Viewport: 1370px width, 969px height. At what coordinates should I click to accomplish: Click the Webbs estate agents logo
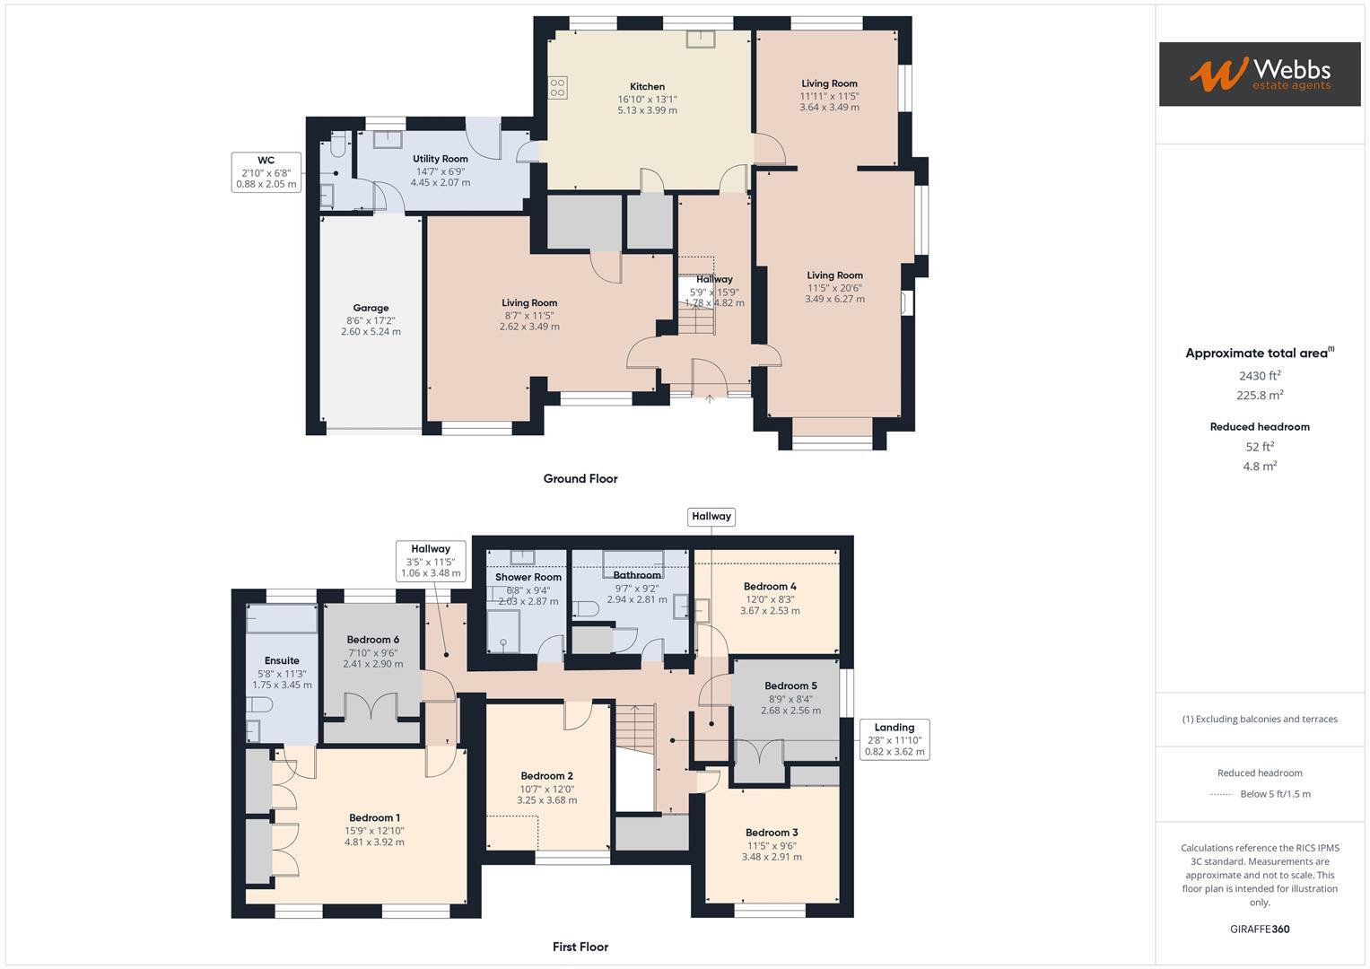click(1259, 74)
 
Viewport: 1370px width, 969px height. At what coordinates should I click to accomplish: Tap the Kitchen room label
click(647, 87)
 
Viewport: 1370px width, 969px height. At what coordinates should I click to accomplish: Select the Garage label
click(371, 308)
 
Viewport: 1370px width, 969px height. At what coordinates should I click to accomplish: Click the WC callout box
click(266, 172)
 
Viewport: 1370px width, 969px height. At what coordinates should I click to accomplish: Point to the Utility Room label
click(441, 159)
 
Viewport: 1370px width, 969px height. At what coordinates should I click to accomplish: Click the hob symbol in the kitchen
click(558, 87)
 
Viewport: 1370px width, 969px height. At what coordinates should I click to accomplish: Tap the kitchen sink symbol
click(700, 38)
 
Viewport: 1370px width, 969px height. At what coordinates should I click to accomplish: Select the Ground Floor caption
click(580, 478)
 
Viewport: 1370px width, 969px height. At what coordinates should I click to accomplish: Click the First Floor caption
click(580, 947)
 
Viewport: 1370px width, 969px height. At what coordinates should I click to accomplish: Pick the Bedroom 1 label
click(374, 817)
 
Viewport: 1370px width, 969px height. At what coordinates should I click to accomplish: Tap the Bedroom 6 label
click(373, 640)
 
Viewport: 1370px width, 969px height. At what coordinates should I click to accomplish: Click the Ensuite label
click(282, 660)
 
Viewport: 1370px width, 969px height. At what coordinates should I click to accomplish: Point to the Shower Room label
click(528, 577)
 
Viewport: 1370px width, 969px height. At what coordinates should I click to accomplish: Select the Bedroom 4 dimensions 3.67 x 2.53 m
click(770, 611)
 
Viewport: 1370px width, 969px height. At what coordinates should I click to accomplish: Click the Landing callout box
click(894, 739)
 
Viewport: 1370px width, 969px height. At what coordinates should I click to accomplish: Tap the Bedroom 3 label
click(772, 833)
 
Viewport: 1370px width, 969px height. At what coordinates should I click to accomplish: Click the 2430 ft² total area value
click(1260, 376)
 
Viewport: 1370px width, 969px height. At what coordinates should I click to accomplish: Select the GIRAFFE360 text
click(1260, 929)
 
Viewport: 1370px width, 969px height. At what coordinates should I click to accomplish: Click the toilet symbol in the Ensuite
click(259, 704)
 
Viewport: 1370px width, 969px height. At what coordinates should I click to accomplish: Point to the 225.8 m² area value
click(1260, 396)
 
